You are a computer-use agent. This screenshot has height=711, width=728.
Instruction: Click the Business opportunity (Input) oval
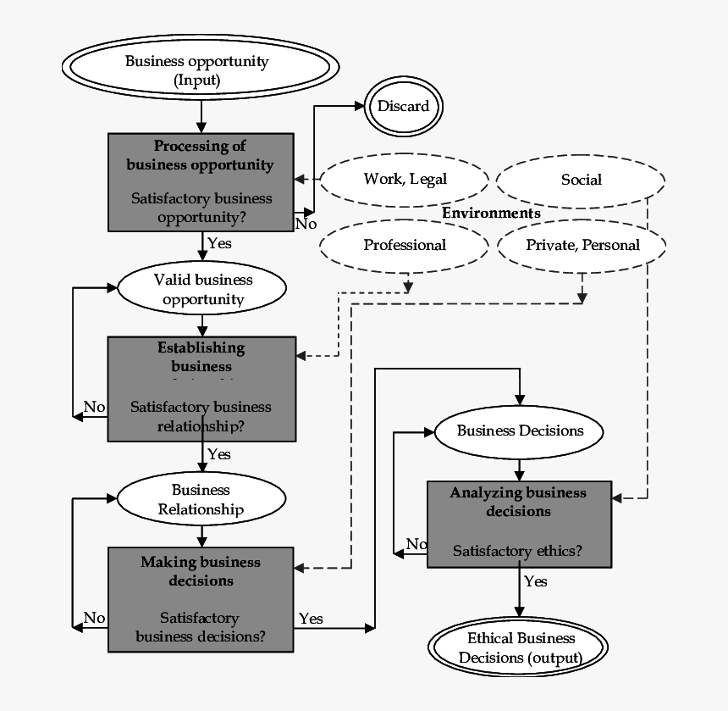201,70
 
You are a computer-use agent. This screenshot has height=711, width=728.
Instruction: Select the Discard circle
403,107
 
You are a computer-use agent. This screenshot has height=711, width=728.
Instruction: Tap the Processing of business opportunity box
201,181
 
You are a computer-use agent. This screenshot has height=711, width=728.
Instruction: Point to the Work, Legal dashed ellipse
405,179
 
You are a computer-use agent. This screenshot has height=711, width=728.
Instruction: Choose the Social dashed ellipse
581,180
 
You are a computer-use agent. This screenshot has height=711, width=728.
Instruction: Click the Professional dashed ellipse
405,245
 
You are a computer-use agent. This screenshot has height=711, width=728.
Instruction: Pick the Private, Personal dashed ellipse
582,245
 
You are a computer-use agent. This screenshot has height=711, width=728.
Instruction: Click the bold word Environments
491,213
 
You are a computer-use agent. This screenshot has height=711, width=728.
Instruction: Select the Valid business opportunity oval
202,289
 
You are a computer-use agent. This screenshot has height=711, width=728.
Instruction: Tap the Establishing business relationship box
201,388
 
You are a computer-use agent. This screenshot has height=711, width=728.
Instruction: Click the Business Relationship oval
201,499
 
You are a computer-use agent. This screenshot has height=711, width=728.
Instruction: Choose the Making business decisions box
201,598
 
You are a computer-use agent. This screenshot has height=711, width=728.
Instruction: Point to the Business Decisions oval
519,430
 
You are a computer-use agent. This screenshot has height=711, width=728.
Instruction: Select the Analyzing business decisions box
518,524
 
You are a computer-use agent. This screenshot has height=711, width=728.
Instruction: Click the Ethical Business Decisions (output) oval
517,648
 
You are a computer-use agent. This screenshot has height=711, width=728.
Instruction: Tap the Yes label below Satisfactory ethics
535,581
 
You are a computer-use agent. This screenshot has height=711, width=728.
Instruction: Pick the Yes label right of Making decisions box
311,619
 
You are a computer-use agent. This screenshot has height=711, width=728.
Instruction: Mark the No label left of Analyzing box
416,544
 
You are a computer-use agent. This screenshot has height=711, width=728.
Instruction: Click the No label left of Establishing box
94,407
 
